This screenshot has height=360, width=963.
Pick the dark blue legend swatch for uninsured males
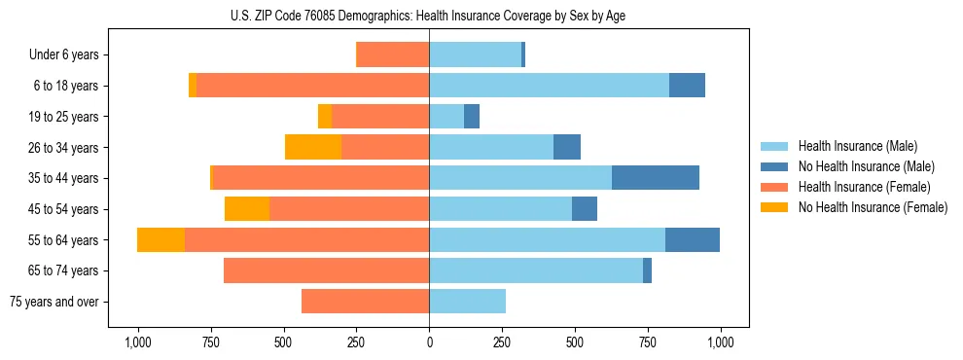click(774, 166)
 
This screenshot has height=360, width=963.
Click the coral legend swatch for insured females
click(774, 187)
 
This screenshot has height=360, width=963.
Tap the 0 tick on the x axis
click(429, 342)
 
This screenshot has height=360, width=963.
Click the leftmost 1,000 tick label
click(137, 342)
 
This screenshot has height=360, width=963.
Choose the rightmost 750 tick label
click(648, 342)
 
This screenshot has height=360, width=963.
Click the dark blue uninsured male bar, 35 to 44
click(656, 178)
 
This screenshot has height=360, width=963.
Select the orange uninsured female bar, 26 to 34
click(313, 147)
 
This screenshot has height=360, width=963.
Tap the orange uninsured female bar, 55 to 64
click(160, 239)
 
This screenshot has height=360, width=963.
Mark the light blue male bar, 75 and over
click(468, 302)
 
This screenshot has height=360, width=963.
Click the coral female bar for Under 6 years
click(393, 54)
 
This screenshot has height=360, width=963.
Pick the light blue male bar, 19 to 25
click(446, 117)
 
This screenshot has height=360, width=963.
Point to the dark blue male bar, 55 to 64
click(693, 239)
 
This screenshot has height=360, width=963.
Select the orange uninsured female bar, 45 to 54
click(247, 209)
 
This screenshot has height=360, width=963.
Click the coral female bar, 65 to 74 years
click(326, 270)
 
